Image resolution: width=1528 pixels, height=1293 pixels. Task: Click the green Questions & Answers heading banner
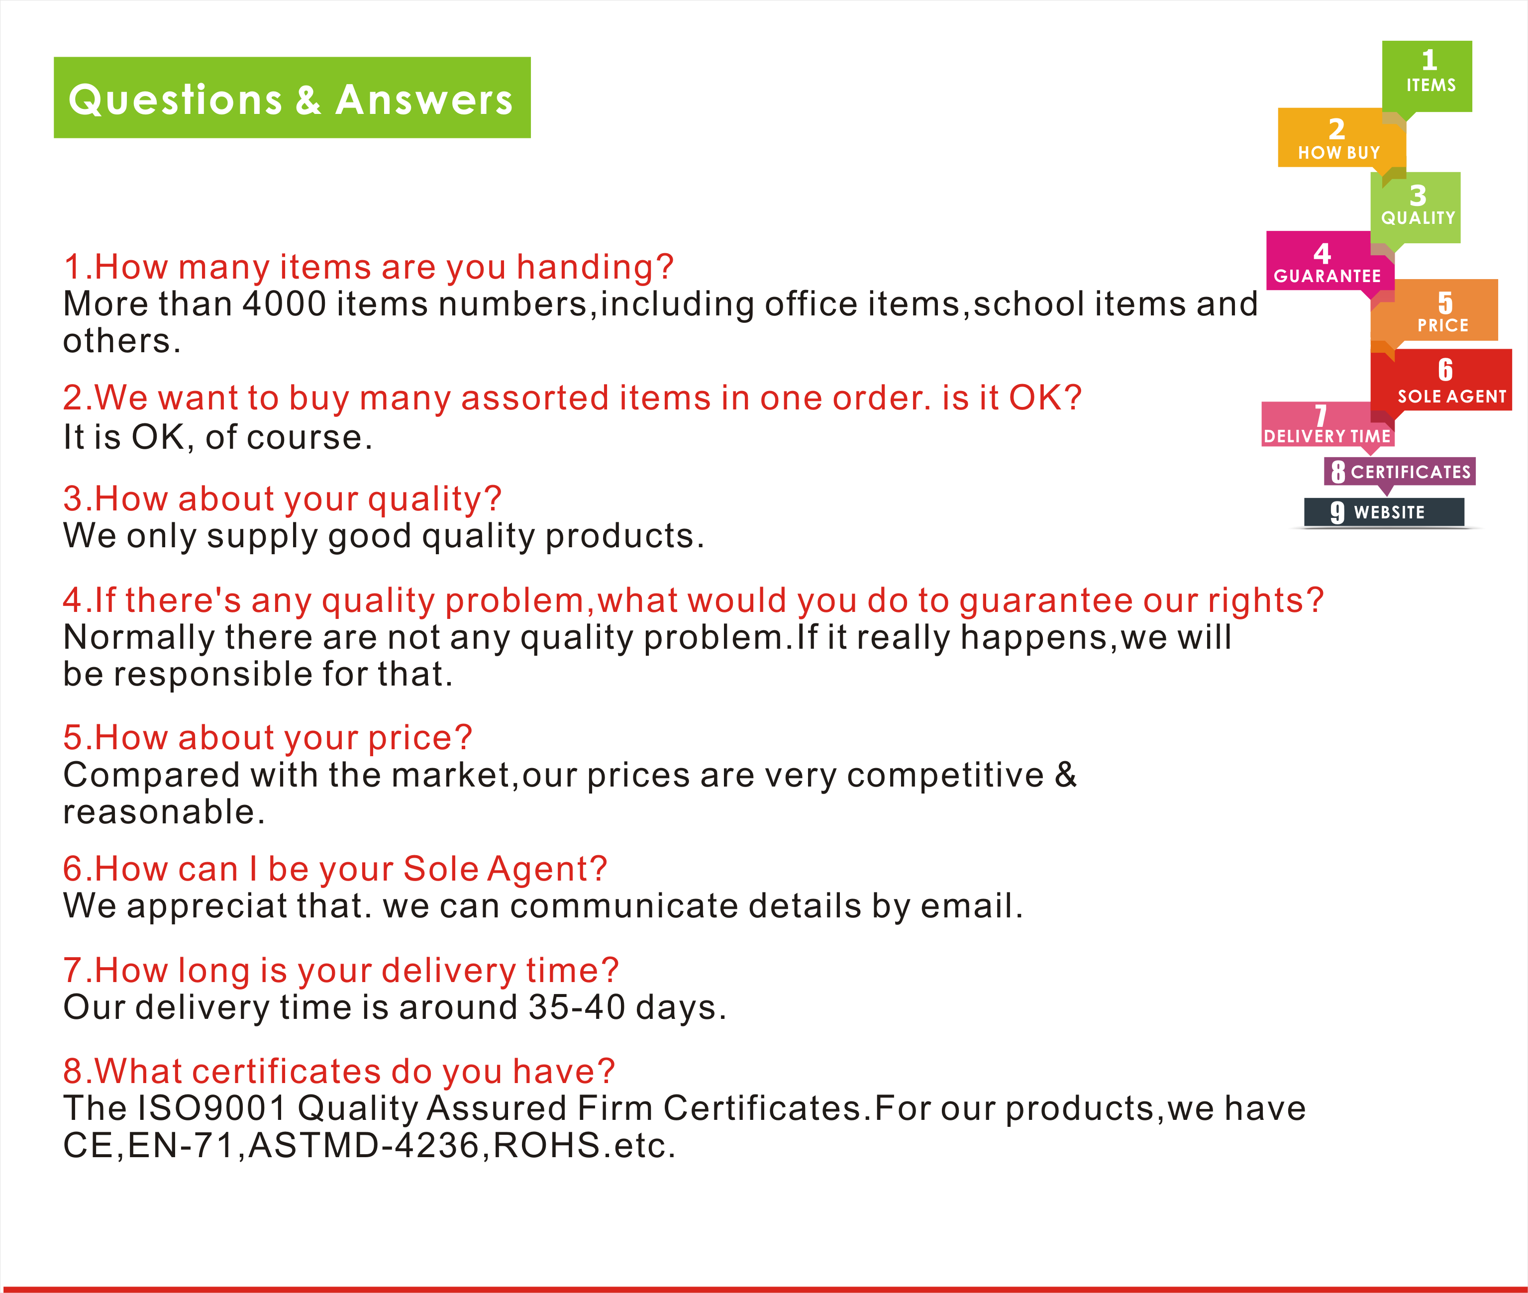pos(292,98)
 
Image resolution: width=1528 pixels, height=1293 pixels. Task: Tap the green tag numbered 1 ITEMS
pos(1427,76)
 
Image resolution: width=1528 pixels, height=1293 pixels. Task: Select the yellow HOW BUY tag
pos(1341,137)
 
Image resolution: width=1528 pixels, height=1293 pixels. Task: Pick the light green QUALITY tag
pos(1416,207)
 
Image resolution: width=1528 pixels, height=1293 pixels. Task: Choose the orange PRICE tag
pos(1434,310)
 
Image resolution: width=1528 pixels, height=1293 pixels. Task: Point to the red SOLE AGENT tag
pos(1441,380)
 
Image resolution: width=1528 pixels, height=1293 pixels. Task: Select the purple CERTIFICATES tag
pos(1400,471)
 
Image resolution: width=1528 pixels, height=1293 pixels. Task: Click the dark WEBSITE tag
pos(1384,511)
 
